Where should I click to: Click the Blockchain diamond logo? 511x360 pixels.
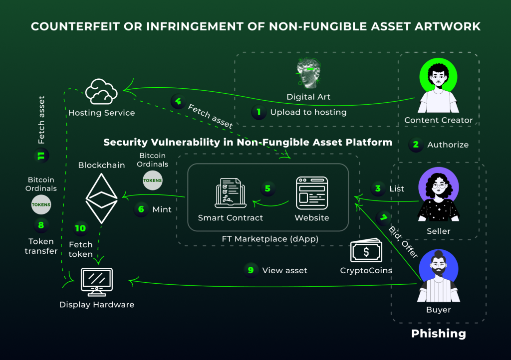pyautogui.click(x=101, y=197)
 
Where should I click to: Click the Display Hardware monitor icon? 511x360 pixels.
pyautogui.click(x=96, y=282)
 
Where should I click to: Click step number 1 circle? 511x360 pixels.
pyautogui.click(x=258, y=112)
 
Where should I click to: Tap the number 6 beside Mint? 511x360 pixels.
pyautogui.click(x=141, y=209)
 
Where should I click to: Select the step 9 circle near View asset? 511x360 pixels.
pyautogui.click(x=251, y=270)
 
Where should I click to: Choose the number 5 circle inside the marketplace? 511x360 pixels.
pyautogui.click(x=267, y=188)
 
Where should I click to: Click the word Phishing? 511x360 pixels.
pyautogui.click(x=438, y=334)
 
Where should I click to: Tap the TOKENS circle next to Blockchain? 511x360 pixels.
pyautogui.click(x=152, y=180)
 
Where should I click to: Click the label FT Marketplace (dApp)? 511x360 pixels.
pyautogui.click(x=270, y=239)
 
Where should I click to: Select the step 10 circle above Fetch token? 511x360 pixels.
pyautogui.click(x=80, y=228)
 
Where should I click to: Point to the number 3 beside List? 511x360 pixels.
pyautogui.click(x=378, y=188)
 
